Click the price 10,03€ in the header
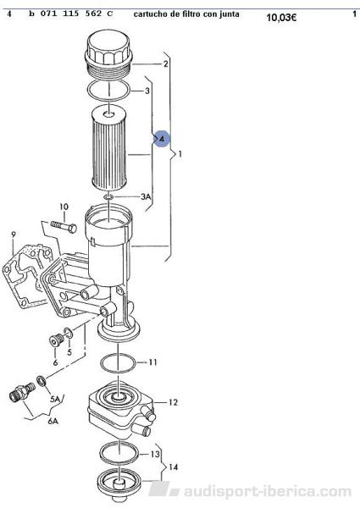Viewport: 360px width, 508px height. click(281, 17)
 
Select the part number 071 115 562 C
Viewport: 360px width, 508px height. click(77, 14)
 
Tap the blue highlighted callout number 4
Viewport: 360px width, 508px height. click(162, 139)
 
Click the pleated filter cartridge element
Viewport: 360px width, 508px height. click(109, 149)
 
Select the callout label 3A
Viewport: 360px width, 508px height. click(146, 196)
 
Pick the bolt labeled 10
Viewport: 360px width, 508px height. click(64, 226)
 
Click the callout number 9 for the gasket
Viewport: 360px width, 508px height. click(13, 234)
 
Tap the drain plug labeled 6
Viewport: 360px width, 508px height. click(55, 340)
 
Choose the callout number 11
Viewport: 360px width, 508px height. click(152, 362)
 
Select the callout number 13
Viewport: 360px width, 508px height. click(155, 454)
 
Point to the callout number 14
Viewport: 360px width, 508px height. click(174, 467)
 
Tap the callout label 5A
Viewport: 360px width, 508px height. click(55, 399)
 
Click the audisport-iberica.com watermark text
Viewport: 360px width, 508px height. click(268, 491)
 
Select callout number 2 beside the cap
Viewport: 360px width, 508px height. click(165, 63)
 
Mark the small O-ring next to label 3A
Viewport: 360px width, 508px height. click(108, 196)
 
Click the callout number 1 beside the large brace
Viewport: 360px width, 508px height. click(180, 154)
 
